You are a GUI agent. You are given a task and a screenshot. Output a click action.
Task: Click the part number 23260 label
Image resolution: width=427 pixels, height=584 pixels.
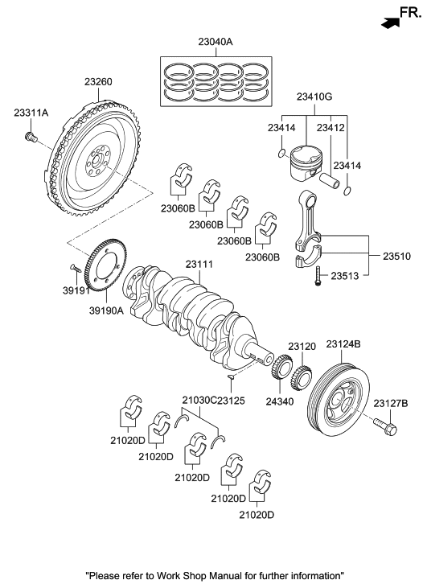coord(98,81)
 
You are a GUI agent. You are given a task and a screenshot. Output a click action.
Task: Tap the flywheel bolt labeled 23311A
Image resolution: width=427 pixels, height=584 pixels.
coord(31,141)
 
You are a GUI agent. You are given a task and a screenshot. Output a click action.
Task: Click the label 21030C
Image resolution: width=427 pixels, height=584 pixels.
coord(198,400)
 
